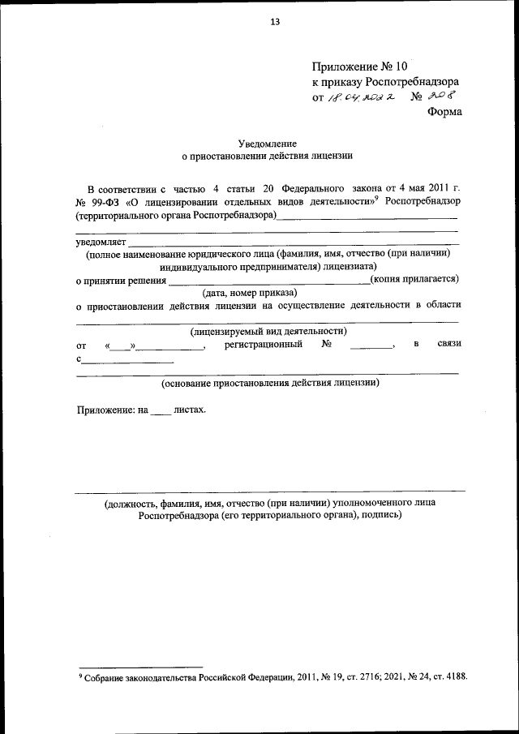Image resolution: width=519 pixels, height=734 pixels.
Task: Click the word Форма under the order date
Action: coord(444,112)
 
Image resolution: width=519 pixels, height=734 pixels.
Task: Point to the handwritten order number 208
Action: coord(442,97)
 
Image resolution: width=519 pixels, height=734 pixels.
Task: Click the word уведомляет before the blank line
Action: coord(101,242)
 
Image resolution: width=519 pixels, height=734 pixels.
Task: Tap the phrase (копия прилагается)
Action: coord(414,279)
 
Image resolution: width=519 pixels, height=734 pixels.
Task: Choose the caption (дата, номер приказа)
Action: coord(250,292)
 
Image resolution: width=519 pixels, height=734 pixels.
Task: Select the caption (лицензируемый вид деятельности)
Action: coord(268,331)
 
